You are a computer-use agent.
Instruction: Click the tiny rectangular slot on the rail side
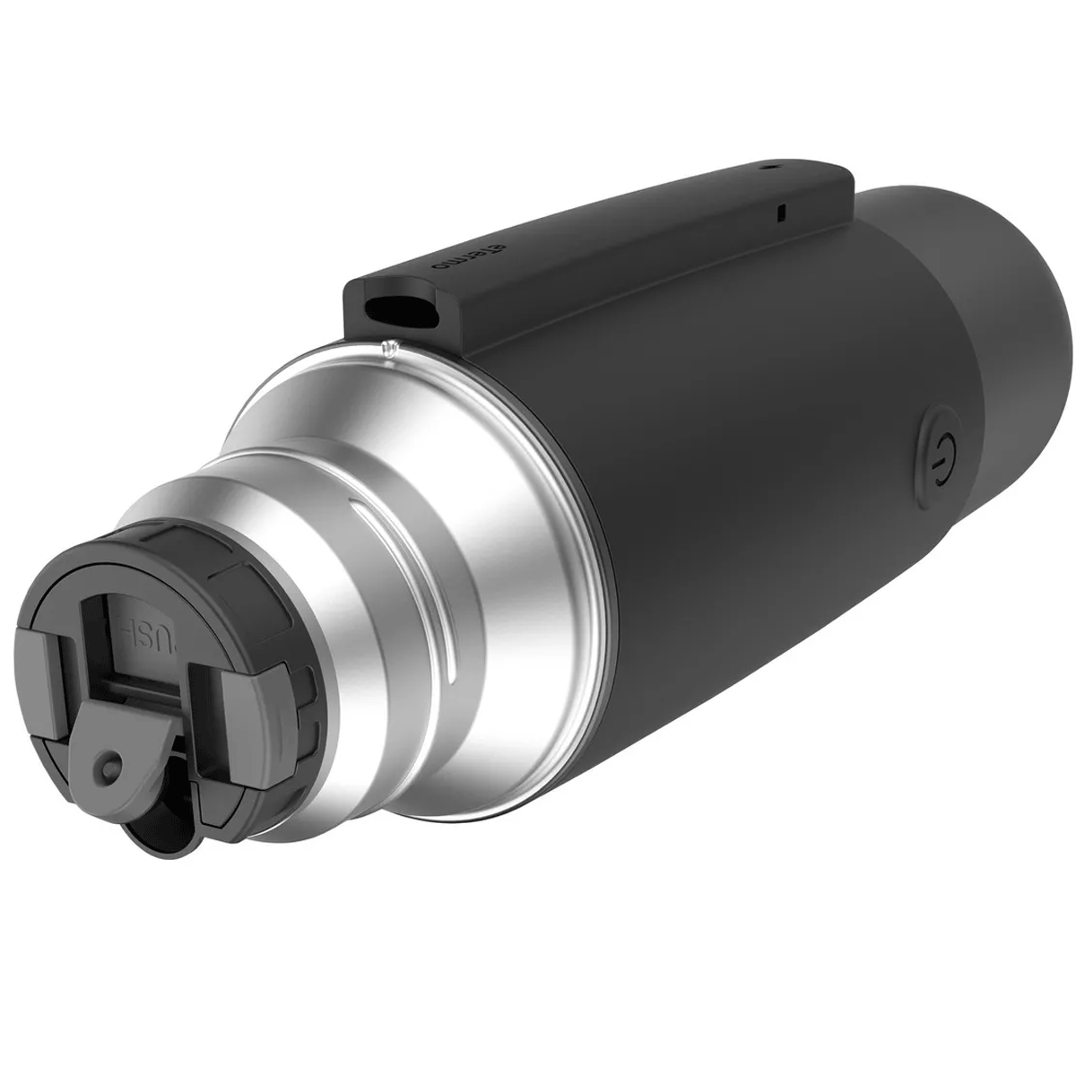pos(780,213)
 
